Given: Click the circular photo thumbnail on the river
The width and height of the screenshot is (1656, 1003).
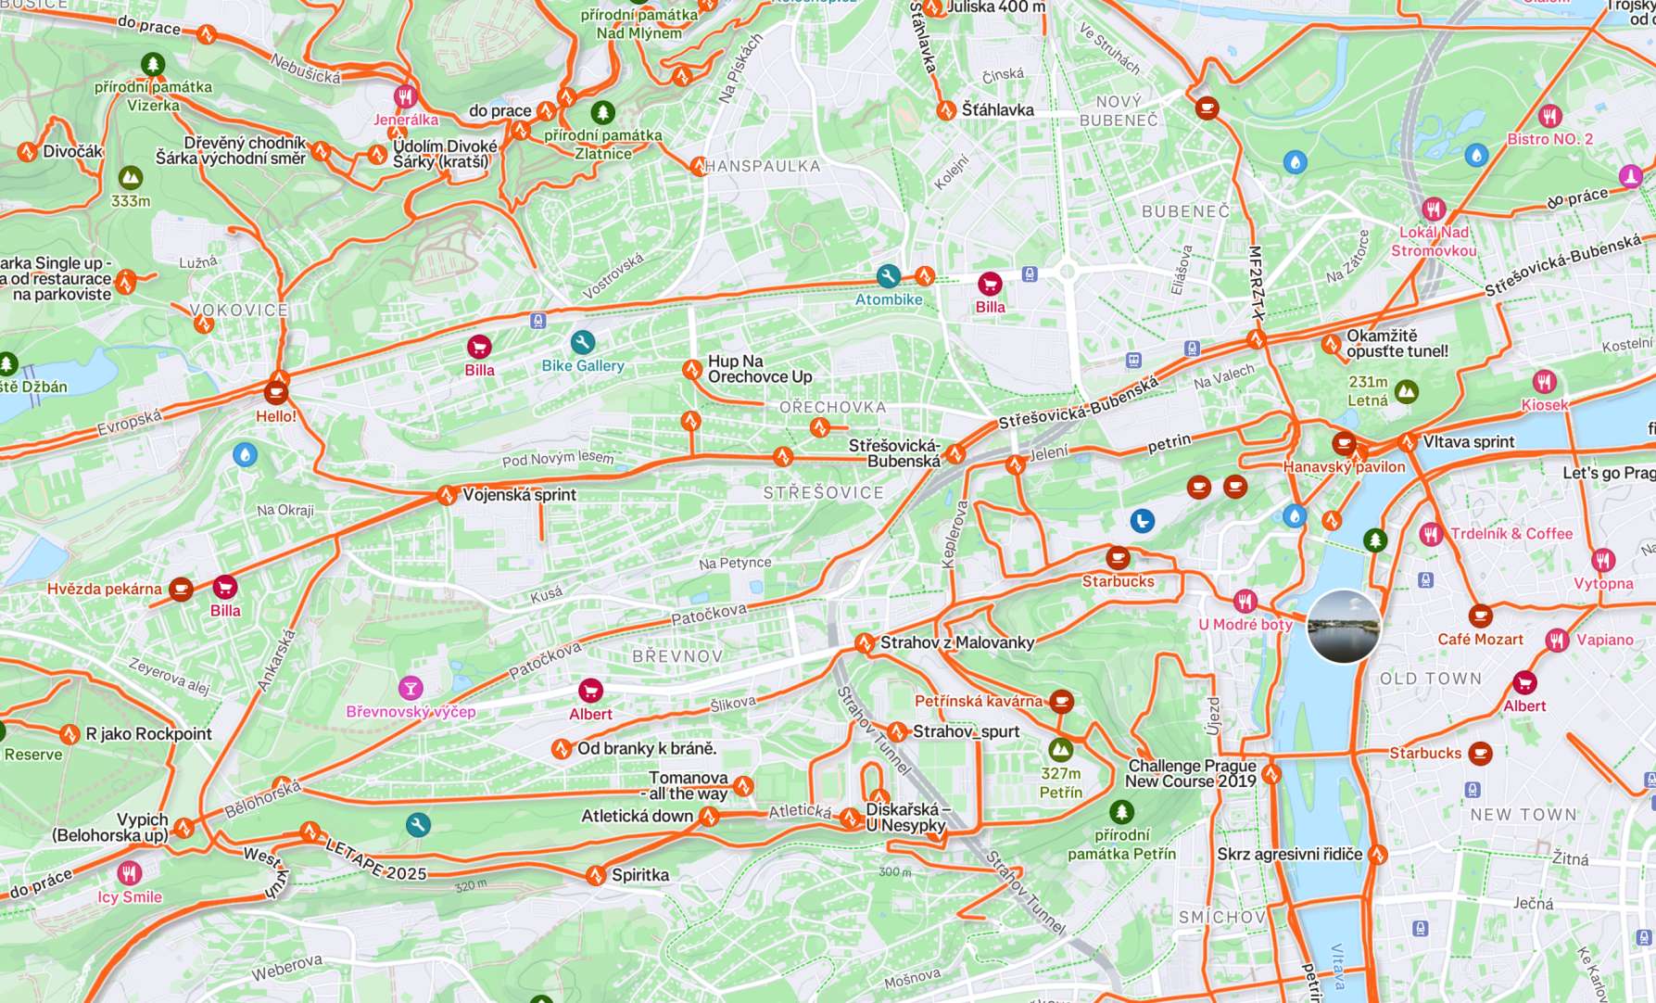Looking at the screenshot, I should (x=1343, y=627).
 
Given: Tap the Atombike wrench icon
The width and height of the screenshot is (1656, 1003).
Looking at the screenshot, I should (x=888, y=276).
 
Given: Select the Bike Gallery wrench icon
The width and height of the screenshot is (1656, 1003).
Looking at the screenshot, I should (x=582, y=343).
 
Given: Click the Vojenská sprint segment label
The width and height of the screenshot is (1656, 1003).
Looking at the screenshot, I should (x=519, y=495).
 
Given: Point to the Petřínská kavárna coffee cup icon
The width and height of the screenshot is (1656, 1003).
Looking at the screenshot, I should (x=1061, y=702).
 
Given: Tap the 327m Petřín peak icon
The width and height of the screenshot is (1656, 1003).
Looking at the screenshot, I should (x=1060, y=749).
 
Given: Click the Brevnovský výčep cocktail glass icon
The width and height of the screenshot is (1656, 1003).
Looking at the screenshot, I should (x=411, y=688).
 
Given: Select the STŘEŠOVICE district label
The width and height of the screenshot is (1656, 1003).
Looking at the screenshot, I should (x=823, y=493).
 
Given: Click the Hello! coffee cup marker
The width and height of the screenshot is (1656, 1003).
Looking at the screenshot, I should (x=275, y=392).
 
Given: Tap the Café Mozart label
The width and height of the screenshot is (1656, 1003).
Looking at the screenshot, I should (x=1480, y=640).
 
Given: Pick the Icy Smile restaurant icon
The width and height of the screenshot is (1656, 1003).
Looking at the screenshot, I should (x=129, y=873).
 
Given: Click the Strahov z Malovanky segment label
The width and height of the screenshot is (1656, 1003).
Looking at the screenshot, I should (x=956, y=642).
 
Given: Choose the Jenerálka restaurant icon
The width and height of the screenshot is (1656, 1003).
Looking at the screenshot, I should (x=405, y=96).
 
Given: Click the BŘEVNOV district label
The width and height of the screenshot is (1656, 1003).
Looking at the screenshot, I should (x=676, y=656).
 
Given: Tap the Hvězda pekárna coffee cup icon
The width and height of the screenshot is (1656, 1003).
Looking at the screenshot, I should (x=181, y=589).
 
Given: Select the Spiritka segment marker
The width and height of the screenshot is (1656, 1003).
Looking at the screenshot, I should (x=595, y=875).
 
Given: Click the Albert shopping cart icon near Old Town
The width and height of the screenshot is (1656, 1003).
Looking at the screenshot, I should (x=1523, y=683).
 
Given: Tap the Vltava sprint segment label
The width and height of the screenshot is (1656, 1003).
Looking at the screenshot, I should (x=1468, y=442).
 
